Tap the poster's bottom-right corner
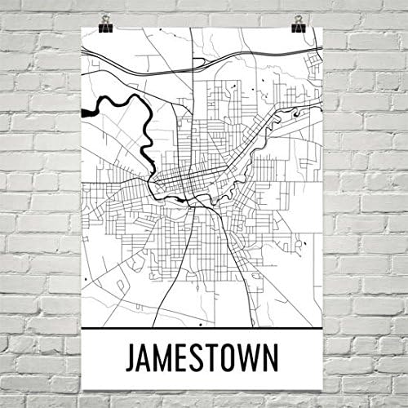pos(323,390)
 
